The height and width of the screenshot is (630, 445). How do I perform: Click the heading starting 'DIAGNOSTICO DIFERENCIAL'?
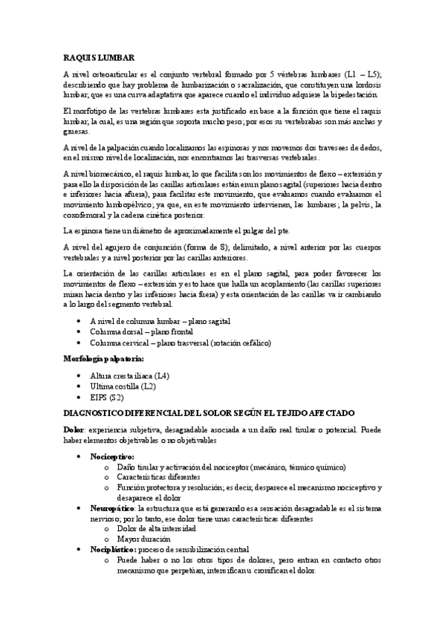[x=208, y=413]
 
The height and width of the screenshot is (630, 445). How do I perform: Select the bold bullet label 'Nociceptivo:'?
[x=111, y=455]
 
